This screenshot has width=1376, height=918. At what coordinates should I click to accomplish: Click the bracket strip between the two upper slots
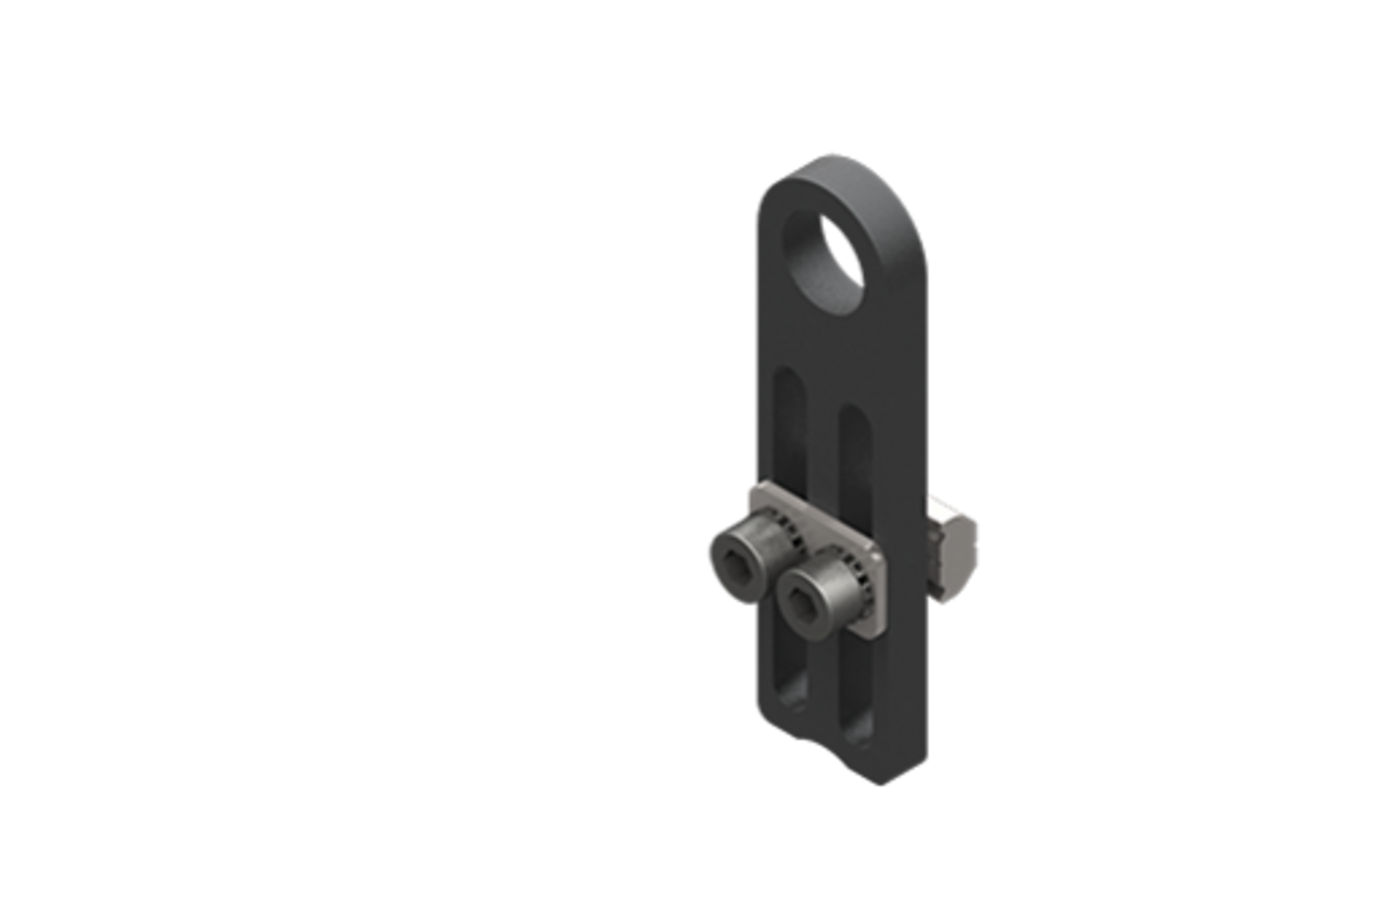point(822,441)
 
